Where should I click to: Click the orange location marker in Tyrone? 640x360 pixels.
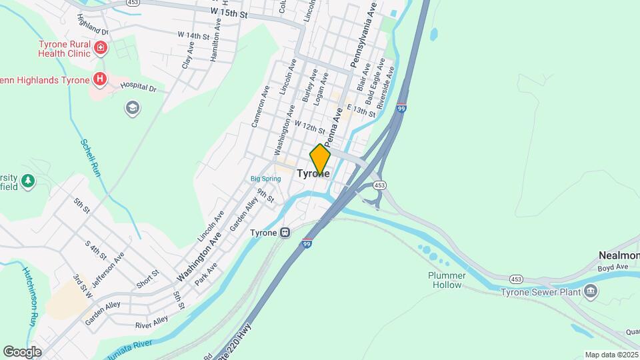(x=320, y=159)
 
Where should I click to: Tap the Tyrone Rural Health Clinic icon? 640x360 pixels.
(x=100, y=48)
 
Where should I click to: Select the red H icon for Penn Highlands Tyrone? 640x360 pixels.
(x=100, y=80)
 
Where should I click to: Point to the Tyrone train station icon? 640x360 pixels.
(x=285, y=233)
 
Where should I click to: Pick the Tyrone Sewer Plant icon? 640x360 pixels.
(x=590, y=291)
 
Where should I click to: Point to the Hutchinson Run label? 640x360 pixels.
(x=31, y=296)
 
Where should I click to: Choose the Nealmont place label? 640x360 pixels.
(x=618, y=256)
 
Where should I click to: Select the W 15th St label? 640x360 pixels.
(x=229, y=12)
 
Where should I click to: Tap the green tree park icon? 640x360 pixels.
(x=27, y=181)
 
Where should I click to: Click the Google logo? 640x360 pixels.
(x=22, y=351)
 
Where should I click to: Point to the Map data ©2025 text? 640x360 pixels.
(x=611, y=355)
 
